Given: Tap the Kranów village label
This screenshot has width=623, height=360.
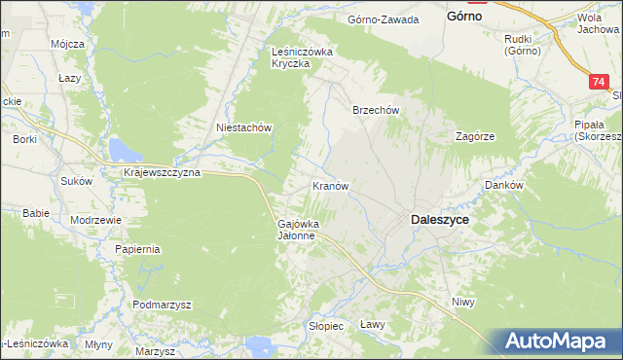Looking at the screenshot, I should pos(330,185).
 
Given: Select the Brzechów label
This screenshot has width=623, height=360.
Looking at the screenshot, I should pos(376,111).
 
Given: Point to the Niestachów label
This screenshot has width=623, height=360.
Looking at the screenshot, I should pos(242,127).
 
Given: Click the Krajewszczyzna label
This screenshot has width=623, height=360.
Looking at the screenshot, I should pos(162,172).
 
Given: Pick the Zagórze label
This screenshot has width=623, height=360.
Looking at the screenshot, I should pos(476,137).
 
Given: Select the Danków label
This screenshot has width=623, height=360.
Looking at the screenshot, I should pos(505,185).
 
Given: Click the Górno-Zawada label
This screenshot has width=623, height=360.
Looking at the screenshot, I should pos(384,19).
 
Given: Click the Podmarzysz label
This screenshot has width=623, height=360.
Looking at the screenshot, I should pos(163,305).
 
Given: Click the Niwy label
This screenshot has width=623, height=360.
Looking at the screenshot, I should pos(462,303).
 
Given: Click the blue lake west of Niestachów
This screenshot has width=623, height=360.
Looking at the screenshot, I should pos(124,149).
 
